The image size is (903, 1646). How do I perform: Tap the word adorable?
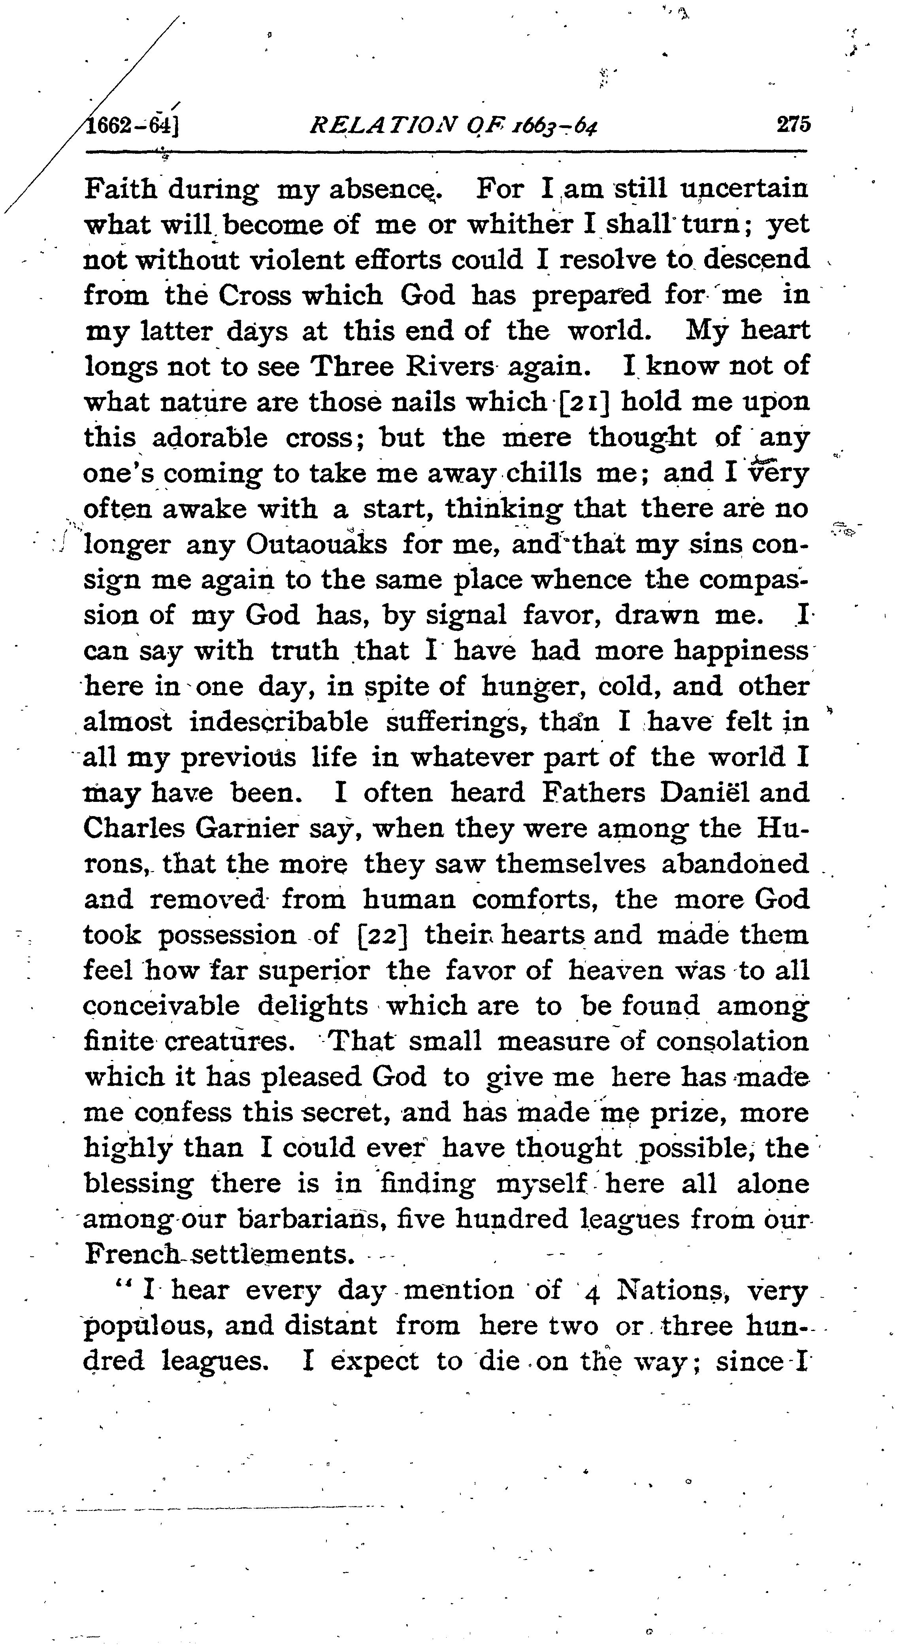208,438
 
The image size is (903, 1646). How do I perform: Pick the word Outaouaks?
316,545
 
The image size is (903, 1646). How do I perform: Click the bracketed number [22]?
381,935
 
